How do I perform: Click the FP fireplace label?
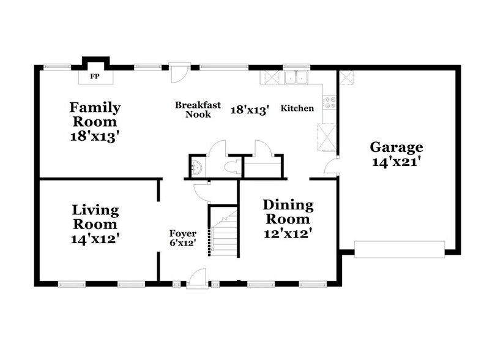click(x=95, y=77)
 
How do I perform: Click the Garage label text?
click(x=396, y=147)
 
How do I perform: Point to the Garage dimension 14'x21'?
click(x=396, y=163)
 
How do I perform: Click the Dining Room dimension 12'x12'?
click(x=288, y=233)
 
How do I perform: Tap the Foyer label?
click(x=183, y=233)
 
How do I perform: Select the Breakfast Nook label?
click(x=193, y=110)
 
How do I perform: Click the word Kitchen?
click(x=297, y=109)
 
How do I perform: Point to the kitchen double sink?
click(x=296, y=78)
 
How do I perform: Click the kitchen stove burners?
click(x=330, y=102)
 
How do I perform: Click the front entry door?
click(x=196, y=279)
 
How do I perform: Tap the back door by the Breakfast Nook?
click(x=176, y=73)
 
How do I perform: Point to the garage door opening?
click(x=401, y=248)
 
